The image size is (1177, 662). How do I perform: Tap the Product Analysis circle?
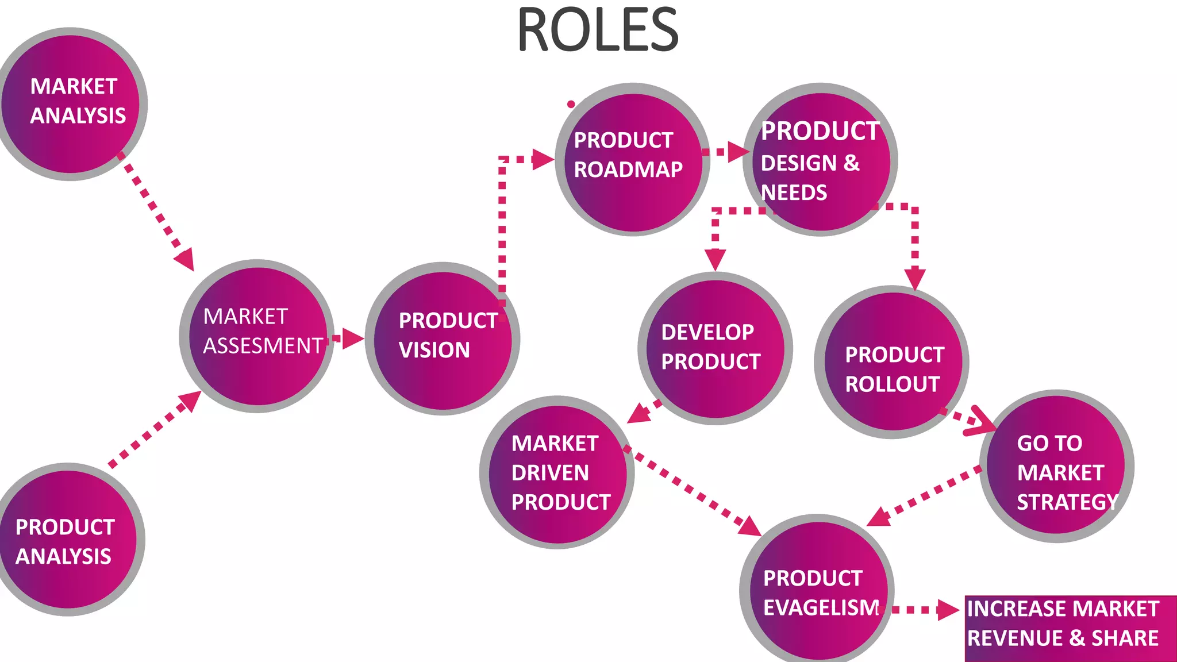(68, 540)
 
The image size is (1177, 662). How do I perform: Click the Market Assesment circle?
(257, 336)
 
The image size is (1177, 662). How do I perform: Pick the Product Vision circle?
(443, 339)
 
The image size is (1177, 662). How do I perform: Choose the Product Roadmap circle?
(632, 159)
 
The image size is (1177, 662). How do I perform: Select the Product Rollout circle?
(892, 362)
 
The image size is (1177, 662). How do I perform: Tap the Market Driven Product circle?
(556, 472)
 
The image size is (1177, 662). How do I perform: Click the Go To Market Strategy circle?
(1056, 467)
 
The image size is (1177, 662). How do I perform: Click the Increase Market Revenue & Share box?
(1069, 628)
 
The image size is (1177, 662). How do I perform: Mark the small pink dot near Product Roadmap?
(571, 104)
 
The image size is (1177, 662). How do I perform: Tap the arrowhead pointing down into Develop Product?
(715, 260)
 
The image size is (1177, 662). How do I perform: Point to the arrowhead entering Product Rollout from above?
(914, 279)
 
